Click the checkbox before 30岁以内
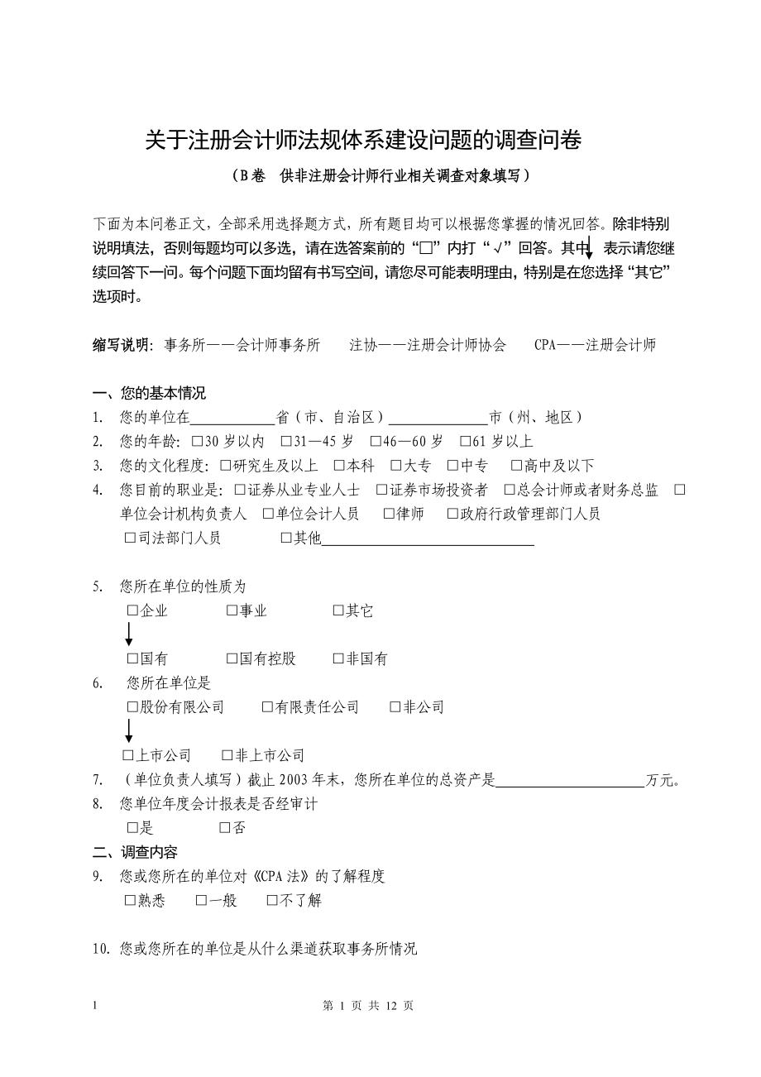(197, 442)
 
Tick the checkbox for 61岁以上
(465, 442)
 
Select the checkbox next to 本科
(339, 466)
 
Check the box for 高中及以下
(516, 466)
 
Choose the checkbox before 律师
(389, 515)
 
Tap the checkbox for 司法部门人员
(130, 538)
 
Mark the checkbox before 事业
(232, 611)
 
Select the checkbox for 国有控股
(232, 659)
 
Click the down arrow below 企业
(129, 634)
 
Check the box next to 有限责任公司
(267, 707)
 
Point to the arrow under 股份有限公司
(129, 731)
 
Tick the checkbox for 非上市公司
(227, 755)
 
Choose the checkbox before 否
(225, 828)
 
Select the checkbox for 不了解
(272, 901)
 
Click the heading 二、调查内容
(134, 852)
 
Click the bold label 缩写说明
(121, 346)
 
